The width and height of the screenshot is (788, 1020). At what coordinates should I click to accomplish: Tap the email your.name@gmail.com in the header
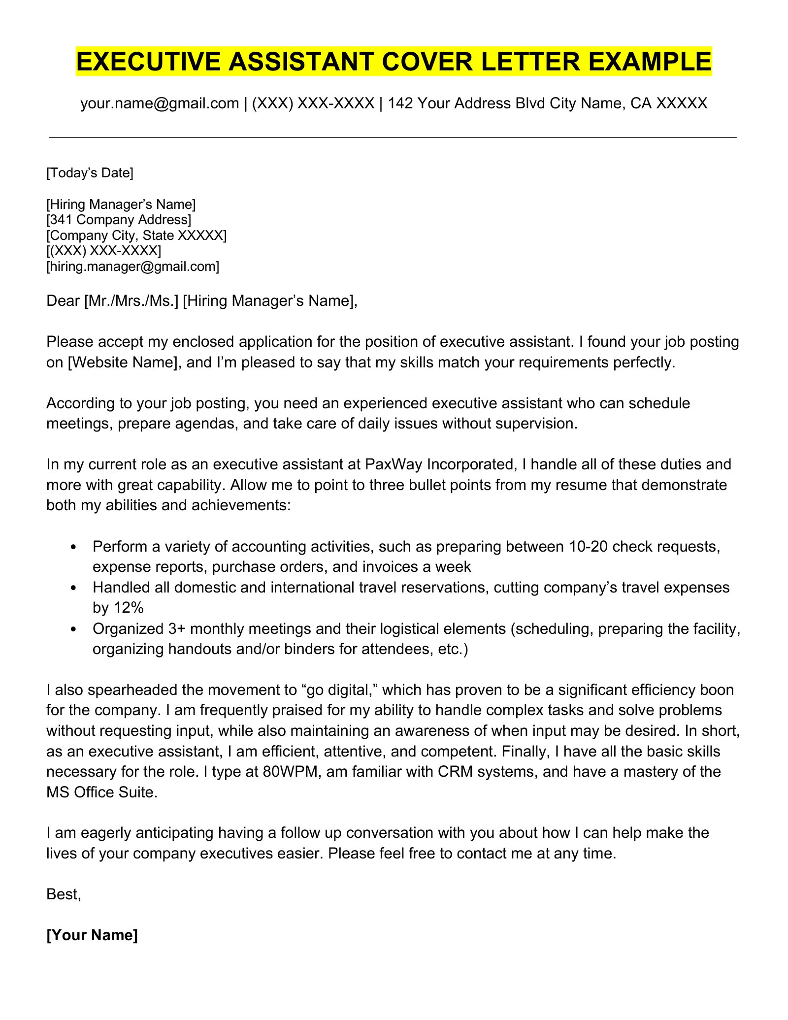[x=160, y=103]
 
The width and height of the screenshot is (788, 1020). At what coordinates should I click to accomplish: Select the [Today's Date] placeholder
[x=90, y=173]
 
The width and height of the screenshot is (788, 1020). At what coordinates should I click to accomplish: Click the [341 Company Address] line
[x=119, y=220]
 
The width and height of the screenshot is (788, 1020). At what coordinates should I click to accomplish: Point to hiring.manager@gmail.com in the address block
[x=133, y=267]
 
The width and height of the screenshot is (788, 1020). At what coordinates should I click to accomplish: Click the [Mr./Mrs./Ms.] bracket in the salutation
[x=131, y=300]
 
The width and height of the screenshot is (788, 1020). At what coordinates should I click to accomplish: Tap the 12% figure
[x=128, y=608]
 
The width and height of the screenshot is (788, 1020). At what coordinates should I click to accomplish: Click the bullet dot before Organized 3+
[x=74, y=629]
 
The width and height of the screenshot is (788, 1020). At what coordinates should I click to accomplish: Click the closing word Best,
[x=64, y=894]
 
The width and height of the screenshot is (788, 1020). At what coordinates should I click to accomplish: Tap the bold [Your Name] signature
[x=92, y=935]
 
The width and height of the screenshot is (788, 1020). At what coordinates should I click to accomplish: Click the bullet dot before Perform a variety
[x=74, y=547]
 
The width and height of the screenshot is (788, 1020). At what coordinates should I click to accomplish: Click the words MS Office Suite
[x=102, y=792]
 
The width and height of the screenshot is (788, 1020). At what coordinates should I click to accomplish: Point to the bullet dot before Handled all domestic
[x=74, y=588]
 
